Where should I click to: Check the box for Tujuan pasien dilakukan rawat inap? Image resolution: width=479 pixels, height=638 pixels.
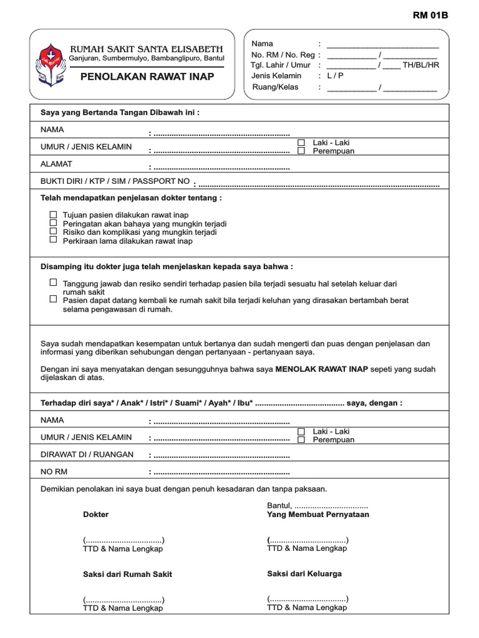click(53, 214)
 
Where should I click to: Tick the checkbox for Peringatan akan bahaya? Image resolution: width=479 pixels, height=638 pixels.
click(53, 222)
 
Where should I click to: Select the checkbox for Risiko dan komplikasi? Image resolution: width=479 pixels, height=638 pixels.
click(53, 231)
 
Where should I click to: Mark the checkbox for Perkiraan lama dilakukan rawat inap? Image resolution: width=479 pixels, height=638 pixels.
click(53, 239)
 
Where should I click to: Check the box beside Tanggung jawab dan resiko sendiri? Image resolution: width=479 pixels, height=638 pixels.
click(53, 282)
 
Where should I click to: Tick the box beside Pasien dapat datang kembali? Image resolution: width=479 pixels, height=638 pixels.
click(53, 299)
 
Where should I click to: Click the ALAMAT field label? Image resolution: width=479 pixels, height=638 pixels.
click(57, 164)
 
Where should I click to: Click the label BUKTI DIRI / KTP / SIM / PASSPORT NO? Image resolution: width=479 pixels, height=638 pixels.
click(115, 181)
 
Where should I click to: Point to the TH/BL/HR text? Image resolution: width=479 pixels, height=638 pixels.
click(421, 65)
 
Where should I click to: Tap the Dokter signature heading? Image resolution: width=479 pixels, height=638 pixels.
click(95, 515)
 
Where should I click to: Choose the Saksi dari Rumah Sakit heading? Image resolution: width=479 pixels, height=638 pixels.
click(127, 574)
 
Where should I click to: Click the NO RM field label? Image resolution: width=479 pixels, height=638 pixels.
click(53, 472)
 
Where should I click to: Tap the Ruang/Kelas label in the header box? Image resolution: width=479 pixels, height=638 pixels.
click(274, 87)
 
